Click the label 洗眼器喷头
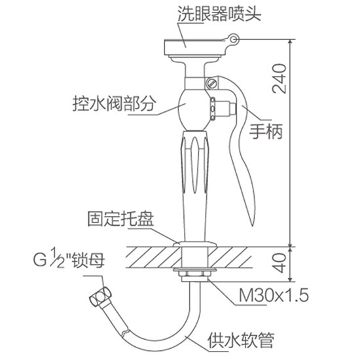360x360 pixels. coord(219,13)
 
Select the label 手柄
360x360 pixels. coord(266,132)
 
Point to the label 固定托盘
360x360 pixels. coord(120,218)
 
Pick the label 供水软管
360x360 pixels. coord(241,340)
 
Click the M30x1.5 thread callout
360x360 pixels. coord(274,295)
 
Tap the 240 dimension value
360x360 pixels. coord(279,79)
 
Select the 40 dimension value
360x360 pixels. coord(279,263)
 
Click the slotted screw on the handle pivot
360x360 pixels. coord(211,83)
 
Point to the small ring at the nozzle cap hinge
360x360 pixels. coord(234,39)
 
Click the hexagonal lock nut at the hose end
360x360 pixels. coord(100,296)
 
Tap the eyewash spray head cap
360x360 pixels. coord(195,48)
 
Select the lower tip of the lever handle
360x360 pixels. coord(251,224)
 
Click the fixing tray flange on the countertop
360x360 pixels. coord(195,244)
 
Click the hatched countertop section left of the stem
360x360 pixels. coord(153,257)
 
